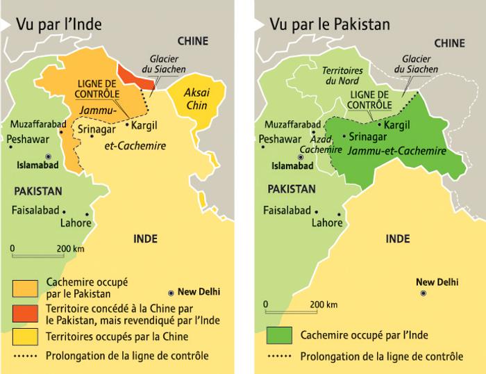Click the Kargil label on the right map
click(398, 124)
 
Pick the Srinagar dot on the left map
click(92, 136)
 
